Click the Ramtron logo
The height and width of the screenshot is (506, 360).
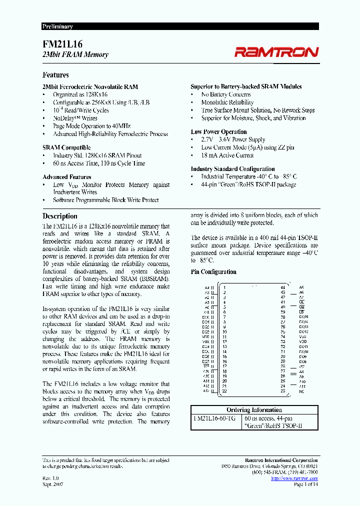coord(276,52)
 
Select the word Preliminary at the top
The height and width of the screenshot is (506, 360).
coord(57,26)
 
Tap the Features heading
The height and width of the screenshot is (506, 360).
coord(55,75)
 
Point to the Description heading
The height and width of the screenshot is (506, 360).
coord(59,216)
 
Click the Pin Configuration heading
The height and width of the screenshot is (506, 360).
coord(213,272)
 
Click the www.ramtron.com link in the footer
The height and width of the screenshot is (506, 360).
coord(294,478)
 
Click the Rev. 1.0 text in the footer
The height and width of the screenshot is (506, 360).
coord(51,478)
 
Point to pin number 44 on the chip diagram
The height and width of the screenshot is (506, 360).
coord(283,287)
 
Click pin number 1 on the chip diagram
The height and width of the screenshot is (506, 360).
coord(224,287)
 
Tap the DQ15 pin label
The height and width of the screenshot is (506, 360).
coord(303,317)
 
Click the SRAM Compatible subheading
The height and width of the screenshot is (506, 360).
coord(66,147)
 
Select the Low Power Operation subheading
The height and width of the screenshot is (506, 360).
coord(218,132)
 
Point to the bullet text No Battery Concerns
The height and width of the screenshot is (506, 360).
coord(226,94)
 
